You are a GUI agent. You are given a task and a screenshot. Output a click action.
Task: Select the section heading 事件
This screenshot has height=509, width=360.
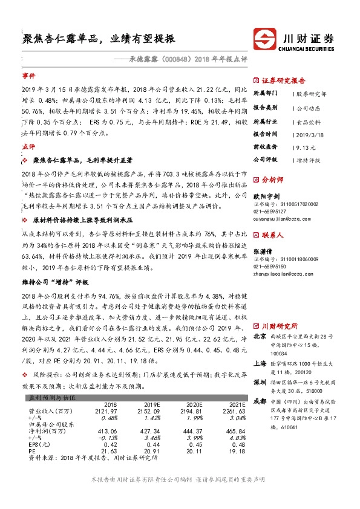(x=28, y=77)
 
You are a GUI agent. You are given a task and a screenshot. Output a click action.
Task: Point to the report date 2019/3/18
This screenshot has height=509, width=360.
(x=308, y=134)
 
